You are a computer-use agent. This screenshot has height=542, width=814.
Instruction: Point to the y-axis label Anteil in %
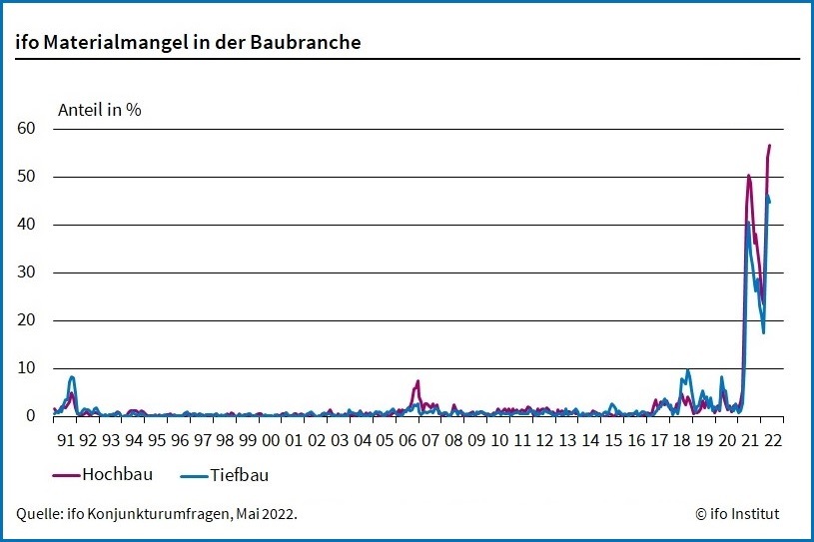(x=100, y=110)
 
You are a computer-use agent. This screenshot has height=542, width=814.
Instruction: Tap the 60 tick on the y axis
(x=26, y=129)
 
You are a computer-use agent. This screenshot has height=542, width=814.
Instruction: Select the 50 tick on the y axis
(x=26, y=177)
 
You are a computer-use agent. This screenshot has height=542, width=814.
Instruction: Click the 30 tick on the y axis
(x=26, y=272)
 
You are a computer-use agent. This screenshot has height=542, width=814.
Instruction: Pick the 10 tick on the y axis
(x=26, y=368)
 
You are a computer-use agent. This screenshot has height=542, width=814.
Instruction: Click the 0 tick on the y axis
(x=31, y=416)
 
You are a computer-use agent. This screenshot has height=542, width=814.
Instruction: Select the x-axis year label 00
(x=271, y=439)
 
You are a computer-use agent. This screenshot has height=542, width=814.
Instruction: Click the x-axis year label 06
(x=407, y=439)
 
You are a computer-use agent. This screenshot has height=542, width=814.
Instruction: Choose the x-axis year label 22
(x=772, y=439)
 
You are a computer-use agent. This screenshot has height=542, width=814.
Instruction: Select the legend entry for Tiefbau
(x=240, y=475)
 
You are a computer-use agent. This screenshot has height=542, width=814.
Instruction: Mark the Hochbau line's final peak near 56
(x=769, y=146)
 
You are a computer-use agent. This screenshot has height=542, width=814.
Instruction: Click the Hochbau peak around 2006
(x=417, y=381)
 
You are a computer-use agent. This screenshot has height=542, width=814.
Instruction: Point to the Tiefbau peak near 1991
(x=72, y=377)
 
